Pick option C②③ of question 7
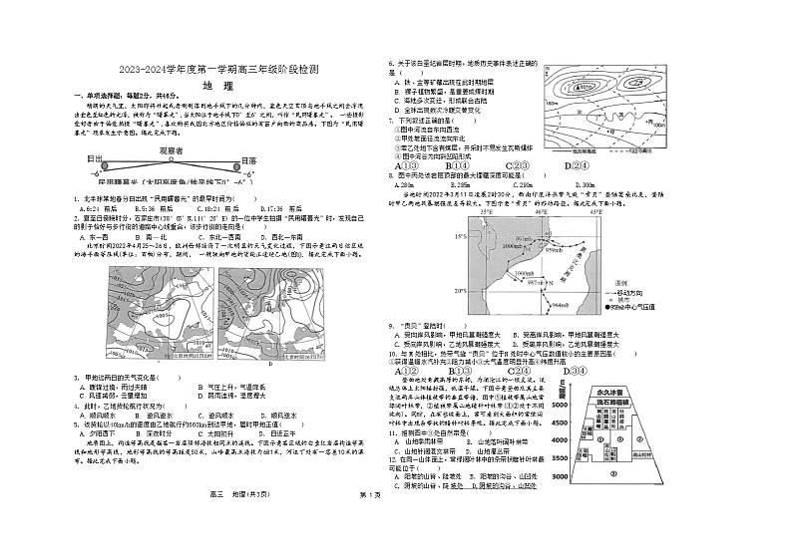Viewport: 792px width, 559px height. (x=517, y=165)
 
